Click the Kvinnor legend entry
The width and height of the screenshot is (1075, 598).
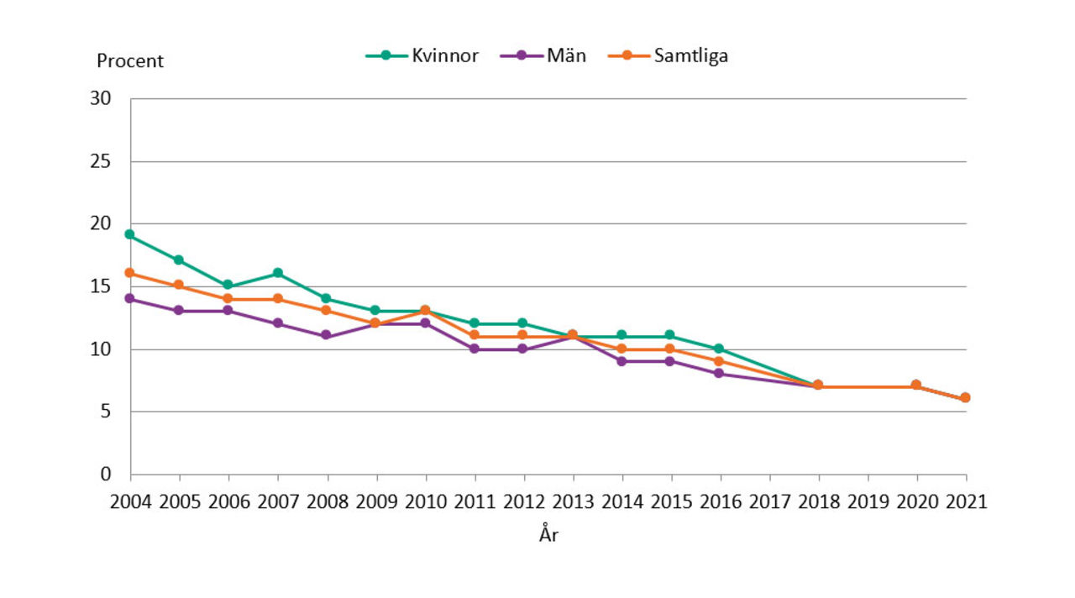coord(422,56)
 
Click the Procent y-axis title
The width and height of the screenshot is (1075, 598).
coord(130,61)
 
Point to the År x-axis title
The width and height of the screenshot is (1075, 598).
coord(548,535)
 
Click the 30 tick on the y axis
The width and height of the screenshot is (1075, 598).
coord(101,98)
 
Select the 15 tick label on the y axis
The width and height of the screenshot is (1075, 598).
coord(101,286)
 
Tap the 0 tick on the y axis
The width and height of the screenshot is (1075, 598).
coord(106,475)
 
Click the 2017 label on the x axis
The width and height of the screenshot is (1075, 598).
coord(769,502)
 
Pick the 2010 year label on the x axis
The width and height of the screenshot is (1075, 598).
coord(425,502)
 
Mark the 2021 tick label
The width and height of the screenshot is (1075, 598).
coord(965,502)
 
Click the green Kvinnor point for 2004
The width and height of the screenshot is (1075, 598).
coord(129,234)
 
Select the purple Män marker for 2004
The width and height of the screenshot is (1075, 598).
coord(129,298)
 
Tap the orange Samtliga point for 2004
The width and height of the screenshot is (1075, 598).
coord(129,273)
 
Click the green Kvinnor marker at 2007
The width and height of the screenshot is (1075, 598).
coord(277,273)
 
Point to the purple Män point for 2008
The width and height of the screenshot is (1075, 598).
coord(326,336)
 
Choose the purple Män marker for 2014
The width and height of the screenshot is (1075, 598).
coord(621,361)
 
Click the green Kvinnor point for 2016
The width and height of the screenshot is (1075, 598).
coord(719,349)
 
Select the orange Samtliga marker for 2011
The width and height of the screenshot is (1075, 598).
coord(474,336)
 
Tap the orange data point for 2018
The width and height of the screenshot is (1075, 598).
coord(817,385)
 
